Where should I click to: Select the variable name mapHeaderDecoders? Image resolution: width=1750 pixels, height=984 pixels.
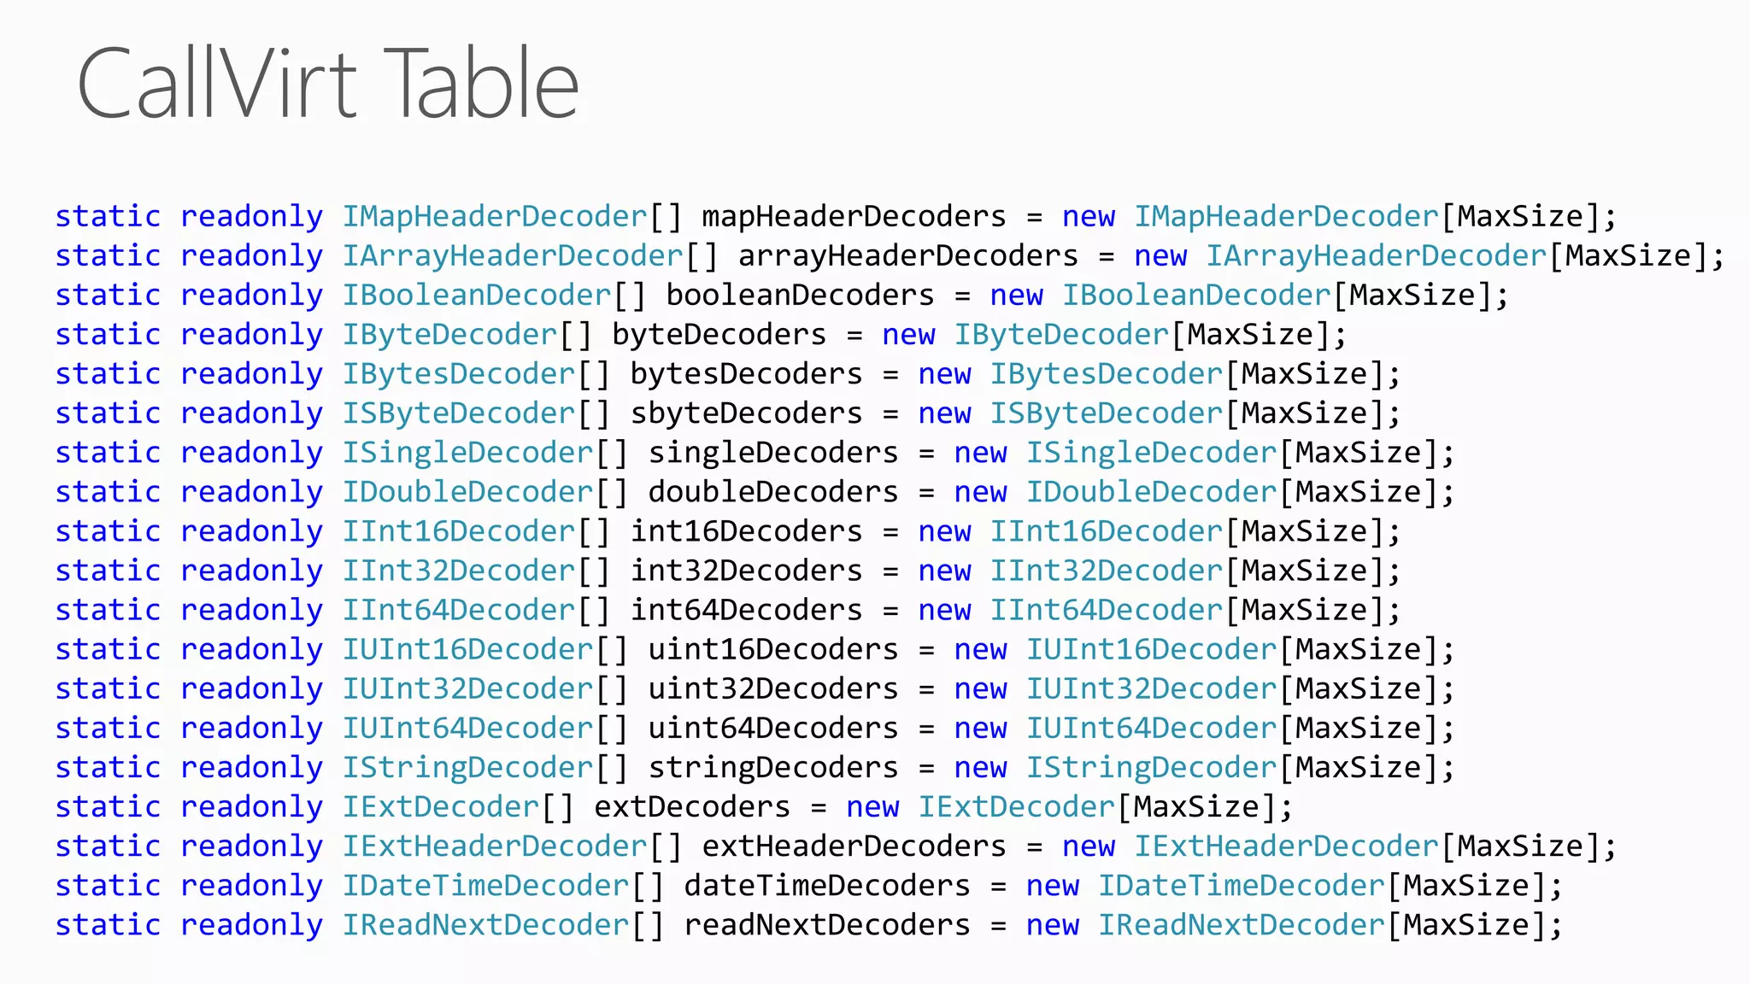coord(854,217)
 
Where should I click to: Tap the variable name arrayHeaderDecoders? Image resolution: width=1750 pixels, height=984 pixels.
coord(907,256)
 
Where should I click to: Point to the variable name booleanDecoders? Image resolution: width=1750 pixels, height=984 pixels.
coord(800,296)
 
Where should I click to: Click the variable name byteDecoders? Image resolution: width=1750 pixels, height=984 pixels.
coord(719,335)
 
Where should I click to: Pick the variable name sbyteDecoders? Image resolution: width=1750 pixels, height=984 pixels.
coord(746,413)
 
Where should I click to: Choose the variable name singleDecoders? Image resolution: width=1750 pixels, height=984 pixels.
coord(773,453)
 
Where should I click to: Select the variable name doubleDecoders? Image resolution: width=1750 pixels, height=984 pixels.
coord(773,492)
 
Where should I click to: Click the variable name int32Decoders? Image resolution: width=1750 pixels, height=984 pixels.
coord(746,571)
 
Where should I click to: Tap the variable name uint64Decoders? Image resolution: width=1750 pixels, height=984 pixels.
coord(773,729)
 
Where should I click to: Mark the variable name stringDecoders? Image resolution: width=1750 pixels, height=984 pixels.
coord(773,768)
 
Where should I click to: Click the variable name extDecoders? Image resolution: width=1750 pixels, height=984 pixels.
coord(692,807)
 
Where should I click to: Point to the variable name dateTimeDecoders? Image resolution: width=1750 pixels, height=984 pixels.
coord(827,886)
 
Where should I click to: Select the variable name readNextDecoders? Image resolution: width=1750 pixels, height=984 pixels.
coord(827,925)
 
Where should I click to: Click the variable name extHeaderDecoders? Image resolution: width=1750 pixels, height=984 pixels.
coord(854,846)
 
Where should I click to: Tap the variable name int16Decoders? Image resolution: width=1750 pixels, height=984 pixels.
coord(746,531)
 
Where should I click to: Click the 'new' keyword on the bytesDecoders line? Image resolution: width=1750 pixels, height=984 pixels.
coord(944,374)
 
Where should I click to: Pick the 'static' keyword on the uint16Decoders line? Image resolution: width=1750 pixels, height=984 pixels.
coord(108,650)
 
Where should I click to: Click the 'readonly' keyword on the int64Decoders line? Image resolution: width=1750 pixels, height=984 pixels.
coord(251,611)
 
